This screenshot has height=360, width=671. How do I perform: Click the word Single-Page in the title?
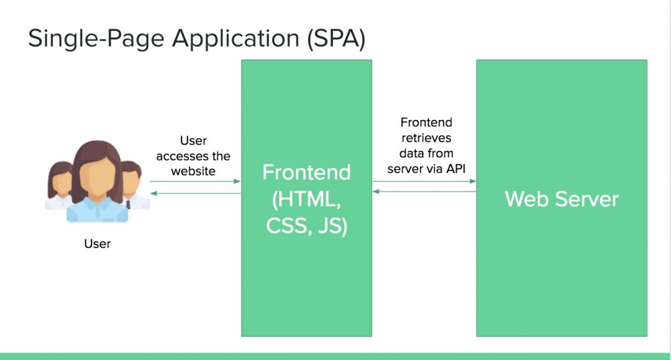[96, 39]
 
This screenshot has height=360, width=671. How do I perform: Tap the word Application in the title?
[236, 39]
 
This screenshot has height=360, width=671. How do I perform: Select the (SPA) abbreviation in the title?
[336, 39]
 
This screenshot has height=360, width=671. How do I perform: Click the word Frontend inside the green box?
[307, 172]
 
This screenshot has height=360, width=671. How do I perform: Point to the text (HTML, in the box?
[307, 199]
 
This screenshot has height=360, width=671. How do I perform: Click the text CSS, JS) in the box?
[307, 226]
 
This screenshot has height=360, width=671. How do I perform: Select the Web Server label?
[562, 199]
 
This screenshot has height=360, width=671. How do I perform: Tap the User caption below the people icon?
[98, 243]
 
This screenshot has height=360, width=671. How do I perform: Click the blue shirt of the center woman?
[98, 210]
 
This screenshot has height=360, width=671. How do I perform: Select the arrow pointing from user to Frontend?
[195, 182]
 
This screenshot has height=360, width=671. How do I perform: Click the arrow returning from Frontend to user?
[195, 193]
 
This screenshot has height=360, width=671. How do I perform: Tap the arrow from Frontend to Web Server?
[424, 182]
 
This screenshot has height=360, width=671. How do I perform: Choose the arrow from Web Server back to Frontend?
[424, 191]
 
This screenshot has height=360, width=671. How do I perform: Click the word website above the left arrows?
[193, 171]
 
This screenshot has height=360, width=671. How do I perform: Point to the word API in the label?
[456, 169]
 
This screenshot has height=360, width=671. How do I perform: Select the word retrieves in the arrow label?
[426, 138]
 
